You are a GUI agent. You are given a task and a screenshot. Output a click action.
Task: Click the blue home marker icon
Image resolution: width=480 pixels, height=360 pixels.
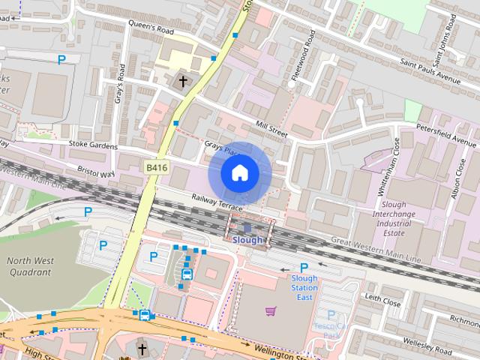click(x=239, y=173)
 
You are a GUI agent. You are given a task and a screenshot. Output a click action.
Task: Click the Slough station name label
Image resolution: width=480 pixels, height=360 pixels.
click(x=247, y=240)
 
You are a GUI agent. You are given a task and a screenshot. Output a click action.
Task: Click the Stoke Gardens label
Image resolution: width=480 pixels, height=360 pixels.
click(x=89, y=143)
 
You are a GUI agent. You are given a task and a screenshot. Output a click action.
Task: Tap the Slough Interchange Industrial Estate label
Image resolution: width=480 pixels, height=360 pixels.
click(x=394, y=218)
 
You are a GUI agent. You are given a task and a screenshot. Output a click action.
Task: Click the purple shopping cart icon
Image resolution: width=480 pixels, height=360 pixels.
click(x=270, y=310)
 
